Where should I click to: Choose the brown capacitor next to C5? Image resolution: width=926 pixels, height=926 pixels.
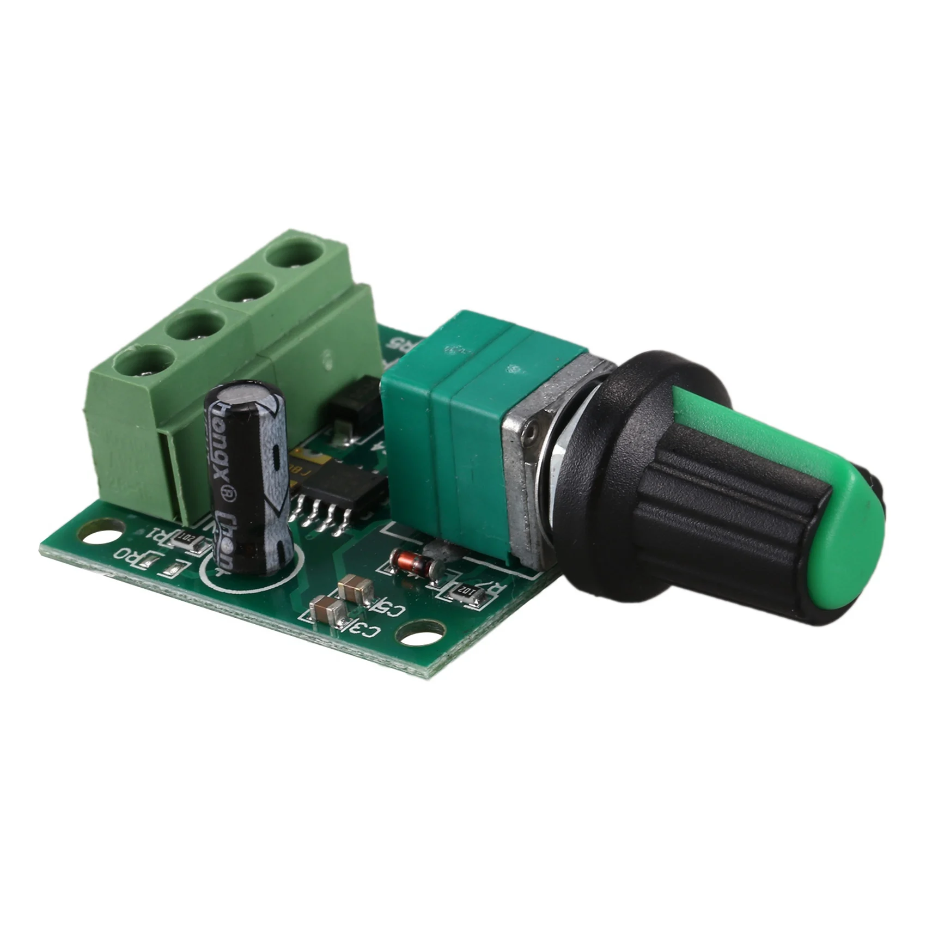click(x=355, y=589)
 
